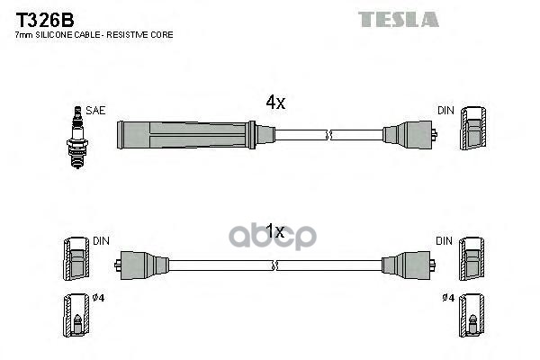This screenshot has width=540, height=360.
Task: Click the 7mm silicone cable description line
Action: coord(94,34)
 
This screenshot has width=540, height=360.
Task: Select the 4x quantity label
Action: coord(275,103)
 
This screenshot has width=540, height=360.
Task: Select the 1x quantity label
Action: coord(275,232)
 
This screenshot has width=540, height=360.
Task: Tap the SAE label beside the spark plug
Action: coord(96,111)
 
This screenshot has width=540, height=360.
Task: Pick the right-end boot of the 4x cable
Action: coord(409,135)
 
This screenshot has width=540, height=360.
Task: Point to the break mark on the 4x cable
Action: coord(330,135)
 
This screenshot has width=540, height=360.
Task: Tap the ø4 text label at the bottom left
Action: coord(98,298)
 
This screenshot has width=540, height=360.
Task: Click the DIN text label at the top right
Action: coord(445,111)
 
